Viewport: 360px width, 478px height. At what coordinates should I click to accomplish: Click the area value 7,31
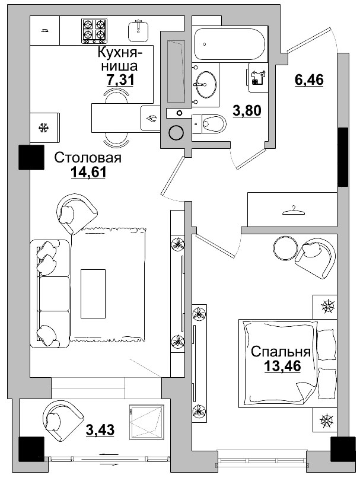click(119, 79)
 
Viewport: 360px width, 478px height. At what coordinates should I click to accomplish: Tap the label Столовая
click(88, 158)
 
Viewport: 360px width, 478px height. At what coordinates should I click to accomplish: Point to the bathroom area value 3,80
click(246, 110)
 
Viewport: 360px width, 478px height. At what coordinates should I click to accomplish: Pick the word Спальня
click(281, 351)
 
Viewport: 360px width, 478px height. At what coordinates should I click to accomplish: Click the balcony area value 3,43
click(100, 429)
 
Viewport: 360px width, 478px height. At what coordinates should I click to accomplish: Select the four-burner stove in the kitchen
click(95, 31)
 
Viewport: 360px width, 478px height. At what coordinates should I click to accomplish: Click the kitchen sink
click(139, 29)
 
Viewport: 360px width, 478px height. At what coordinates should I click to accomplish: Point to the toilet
click(211, 124)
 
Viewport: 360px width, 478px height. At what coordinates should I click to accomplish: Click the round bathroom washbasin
click(206, 84)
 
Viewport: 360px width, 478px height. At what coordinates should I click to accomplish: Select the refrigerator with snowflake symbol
click(43, 128)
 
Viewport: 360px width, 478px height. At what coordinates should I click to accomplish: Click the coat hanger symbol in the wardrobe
click(290, 210)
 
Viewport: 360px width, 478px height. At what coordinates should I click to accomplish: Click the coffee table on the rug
click(93, 288)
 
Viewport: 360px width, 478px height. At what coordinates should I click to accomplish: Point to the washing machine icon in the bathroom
click(257, 78)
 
